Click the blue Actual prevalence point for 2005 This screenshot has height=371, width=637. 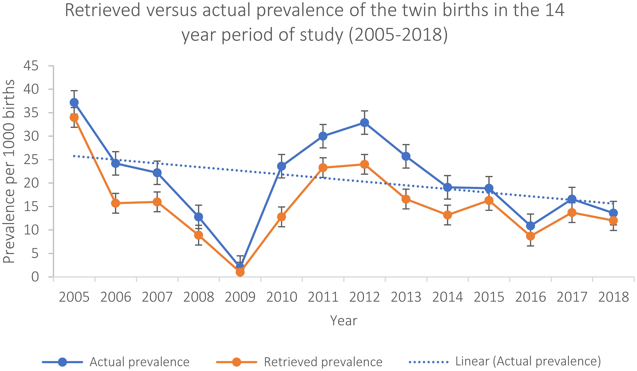[74, 103]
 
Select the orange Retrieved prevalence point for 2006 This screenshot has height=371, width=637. [116, 203]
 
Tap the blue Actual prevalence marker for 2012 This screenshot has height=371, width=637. [364, 123]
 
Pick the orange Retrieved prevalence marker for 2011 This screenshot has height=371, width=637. [323, 168]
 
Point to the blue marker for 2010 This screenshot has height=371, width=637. [281, 166]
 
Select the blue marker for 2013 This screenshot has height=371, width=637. [406, 156]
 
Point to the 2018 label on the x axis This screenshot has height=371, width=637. [613, 297]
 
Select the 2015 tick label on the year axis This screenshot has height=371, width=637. [489, 297]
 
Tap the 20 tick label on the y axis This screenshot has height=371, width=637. [31, 183]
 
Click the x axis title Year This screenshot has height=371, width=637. [344, 321]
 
